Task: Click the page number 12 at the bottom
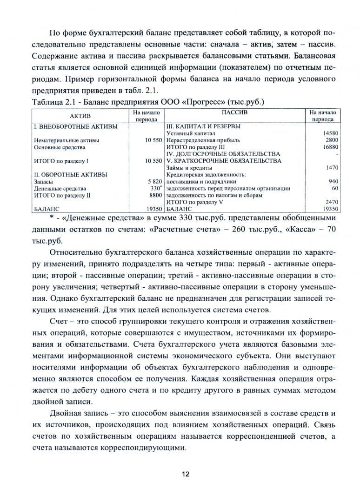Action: click(185, 474)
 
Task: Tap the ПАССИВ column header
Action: click(234, 113)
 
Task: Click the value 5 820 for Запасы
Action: click(153, 182)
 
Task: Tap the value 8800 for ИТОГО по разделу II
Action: click(155, 195)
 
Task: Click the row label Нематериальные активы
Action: click(67, 140)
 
